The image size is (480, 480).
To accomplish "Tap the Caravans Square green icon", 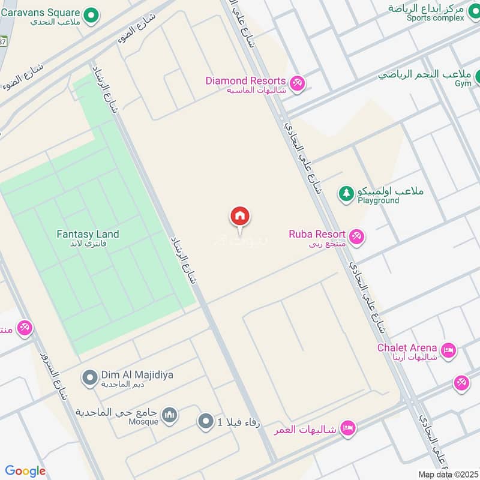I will (x=91, y=16).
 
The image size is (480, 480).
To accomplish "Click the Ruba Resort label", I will (x=317, y=234).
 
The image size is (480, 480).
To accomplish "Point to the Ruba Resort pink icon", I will (x=357, y=237).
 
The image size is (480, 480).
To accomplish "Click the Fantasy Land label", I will (x=88, y=234).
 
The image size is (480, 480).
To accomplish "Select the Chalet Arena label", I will (x=407, y=347).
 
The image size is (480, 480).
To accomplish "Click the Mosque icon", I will (x=170, y=415).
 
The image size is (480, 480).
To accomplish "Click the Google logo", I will (x=25, y=472).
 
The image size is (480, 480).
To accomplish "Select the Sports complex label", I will (x=435, y=18).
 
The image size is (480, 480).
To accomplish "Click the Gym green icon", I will (x=479, y=77).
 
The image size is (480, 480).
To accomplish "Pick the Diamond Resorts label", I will (x=245, y=80).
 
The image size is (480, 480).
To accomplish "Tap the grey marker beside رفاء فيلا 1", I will (x=206, y=421).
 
